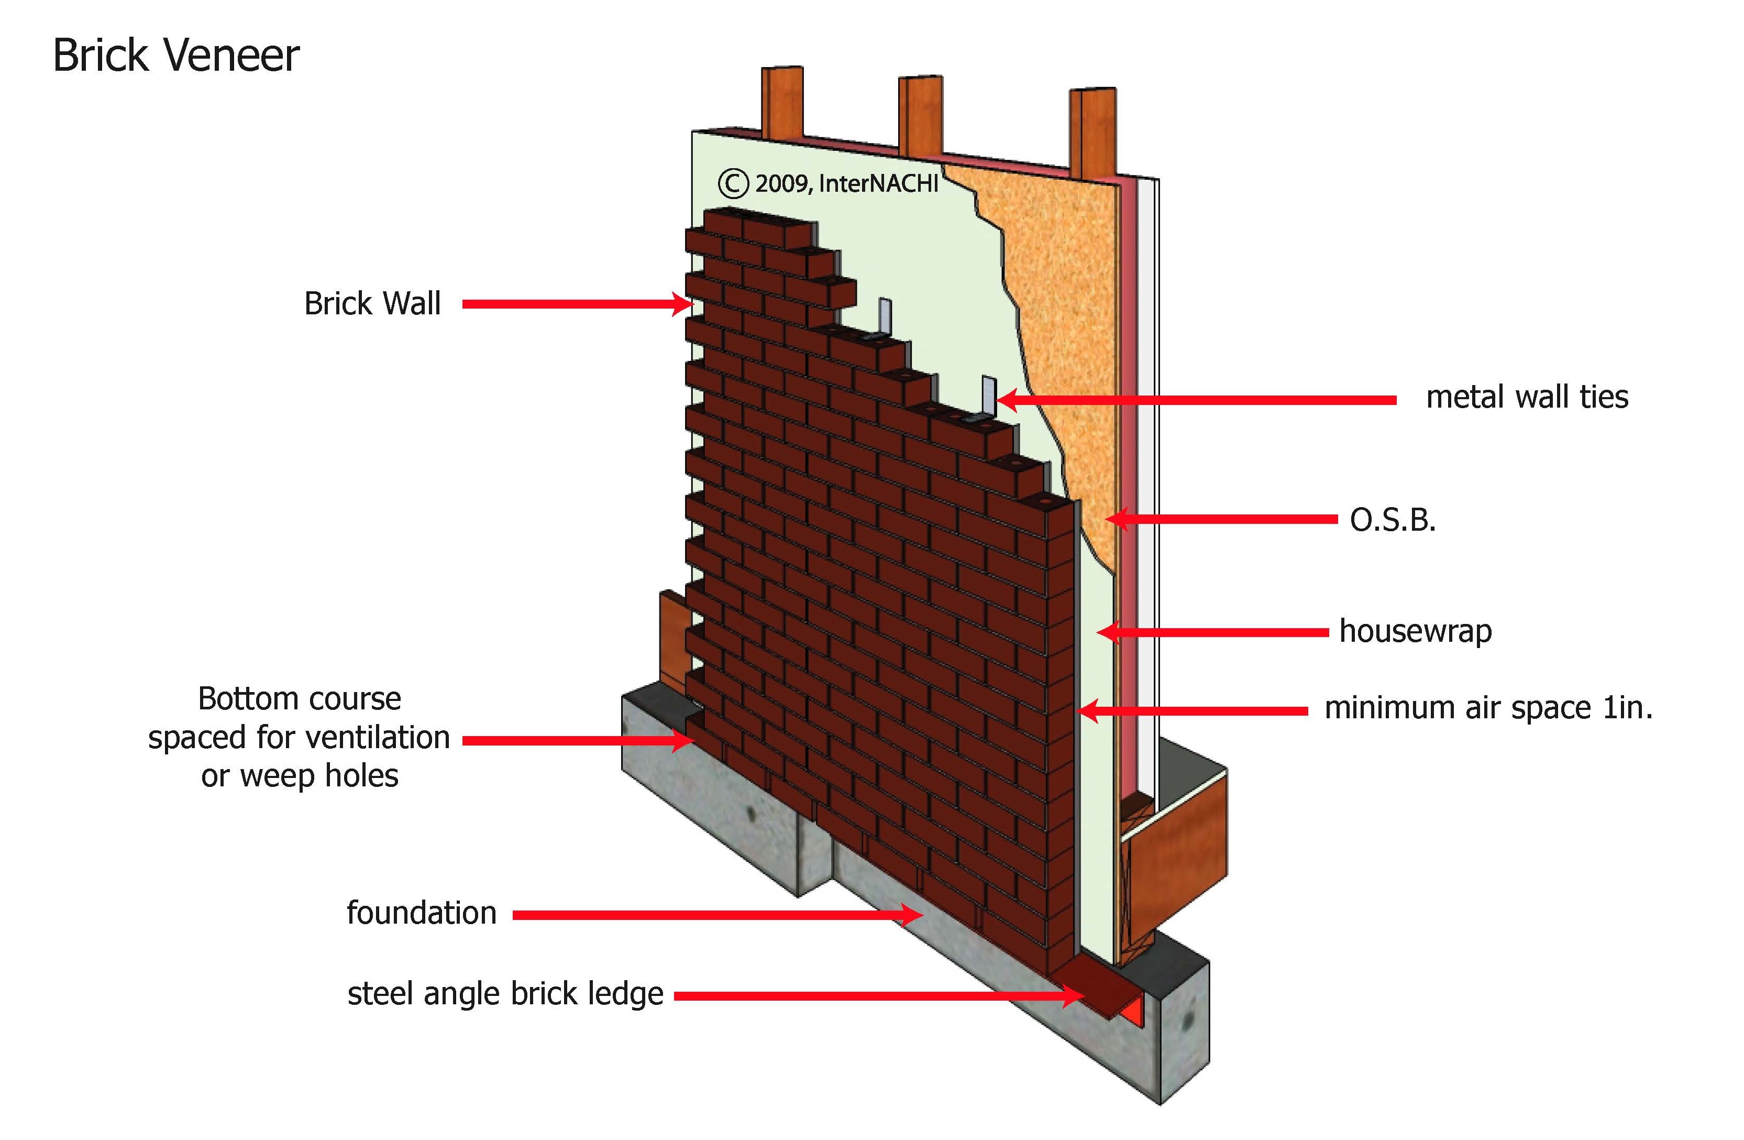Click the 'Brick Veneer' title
[x=176, y=56]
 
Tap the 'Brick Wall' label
[x=372, y=303]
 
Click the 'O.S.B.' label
[x=1392, y=520]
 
